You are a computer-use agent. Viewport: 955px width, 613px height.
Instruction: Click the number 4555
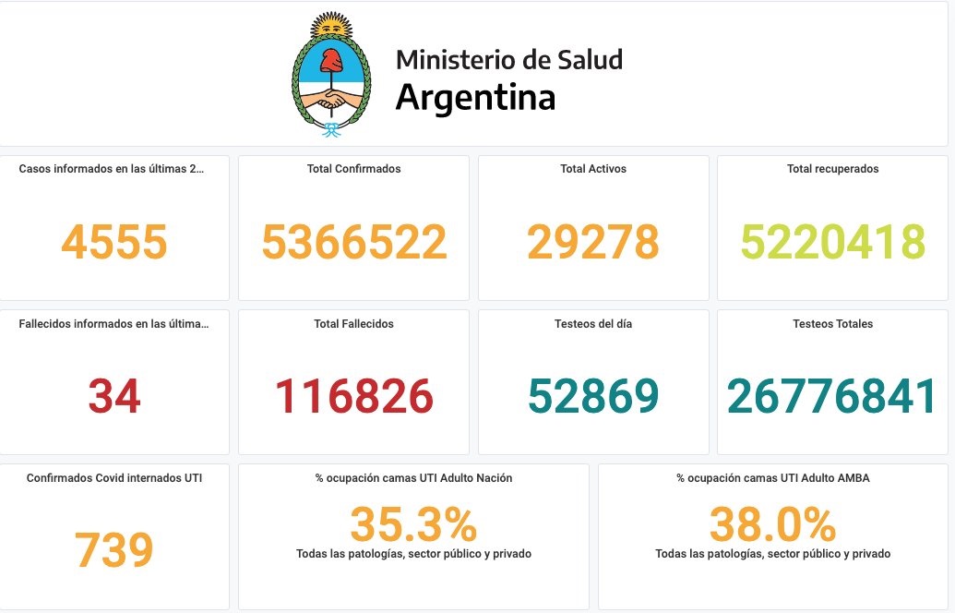[x=114, y=242]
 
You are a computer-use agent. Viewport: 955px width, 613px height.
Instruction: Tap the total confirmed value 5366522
[x=354, y=242]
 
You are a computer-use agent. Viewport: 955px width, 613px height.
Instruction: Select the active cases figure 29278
[x=593, y=242]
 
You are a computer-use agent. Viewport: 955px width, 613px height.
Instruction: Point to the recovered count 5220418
[x=832, y=242]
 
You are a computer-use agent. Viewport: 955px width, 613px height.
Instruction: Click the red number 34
[x=114, y=396]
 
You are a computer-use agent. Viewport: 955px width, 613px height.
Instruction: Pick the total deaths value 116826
[x=354, y=396]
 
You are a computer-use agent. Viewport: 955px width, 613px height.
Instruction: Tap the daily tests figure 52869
[x=593, y=396]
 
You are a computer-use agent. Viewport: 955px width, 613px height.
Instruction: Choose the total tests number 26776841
[x=832, y=396]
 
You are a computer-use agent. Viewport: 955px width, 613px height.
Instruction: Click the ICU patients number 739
[x=114, y=550]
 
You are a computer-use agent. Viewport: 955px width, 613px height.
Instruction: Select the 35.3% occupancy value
[x=413, y=525]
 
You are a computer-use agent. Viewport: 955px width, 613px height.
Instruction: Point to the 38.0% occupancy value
[x=772, y=525]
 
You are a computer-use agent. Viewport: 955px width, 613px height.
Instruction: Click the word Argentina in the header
[x=475, y=97]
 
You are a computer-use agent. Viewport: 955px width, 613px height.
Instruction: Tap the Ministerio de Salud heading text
[x=509, y=60]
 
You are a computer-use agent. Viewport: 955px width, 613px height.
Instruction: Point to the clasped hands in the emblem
[x=331, y=97]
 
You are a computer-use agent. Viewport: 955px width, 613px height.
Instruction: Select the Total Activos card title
[x=593, y=169]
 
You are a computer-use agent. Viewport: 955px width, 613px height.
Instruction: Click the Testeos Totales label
[x=832, y=324]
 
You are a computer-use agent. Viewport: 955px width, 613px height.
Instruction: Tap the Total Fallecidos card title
[x=354, y=324]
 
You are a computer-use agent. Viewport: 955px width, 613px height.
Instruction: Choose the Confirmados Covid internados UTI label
[x=114, y=478]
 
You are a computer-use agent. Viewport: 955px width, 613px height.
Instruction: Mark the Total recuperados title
[x=832, y=169]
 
